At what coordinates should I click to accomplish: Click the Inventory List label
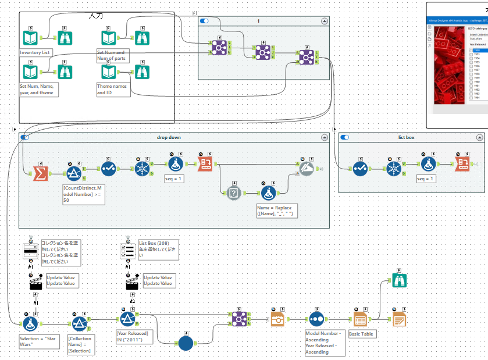pyautogui.click(x=35, y=52)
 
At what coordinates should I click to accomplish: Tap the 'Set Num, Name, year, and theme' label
pyautogui.click(x=38, y=89)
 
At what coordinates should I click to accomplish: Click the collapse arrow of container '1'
pyautogui.click(x=324, y=21)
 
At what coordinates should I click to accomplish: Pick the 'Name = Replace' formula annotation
pyautogui.click(x=276, y=211)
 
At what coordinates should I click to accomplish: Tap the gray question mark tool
pyautogui.click(x=234, y=191)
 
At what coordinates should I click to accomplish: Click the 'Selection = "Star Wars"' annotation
pyautogui.click(x=38, y=341)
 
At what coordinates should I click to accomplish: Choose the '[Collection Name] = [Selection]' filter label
pyautogui.click(x=80, y=344)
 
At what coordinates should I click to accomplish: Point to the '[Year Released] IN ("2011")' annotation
pyautogui.click(x=134, y=337)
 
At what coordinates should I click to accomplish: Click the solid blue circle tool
pyautogui.click(x=186, y=343)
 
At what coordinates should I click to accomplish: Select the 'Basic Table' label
pyautogui.click(x=362, y=334)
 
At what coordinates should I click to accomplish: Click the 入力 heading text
pyautogui.click(x=96, y=15)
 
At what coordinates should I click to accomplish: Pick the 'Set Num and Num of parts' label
pyautogui.click(x=111, y=55)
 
